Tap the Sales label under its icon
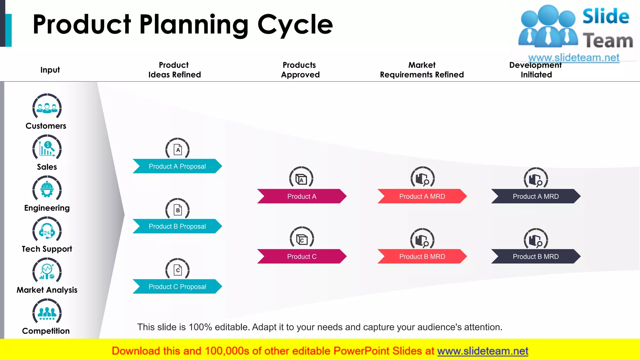pos(47,167)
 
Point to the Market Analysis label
pos(47,290)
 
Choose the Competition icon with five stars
pos(47,312)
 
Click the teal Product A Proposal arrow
pos(177,166)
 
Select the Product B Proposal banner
pos(177,226)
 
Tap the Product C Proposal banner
pos(177,287)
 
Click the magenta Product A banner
pos(302,196)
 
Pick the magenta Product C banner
pos(302,257)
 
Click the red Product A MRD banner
pos(422,196)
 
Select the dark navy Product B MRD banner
pos(536,257)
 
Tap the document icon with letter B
pos(177,210)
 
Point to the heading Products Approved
pos(300,70)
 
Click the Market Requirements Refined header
pos(422,70)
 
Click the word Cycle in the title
pos(295,25)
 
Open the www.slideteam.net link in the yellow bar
pos(482,351)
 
